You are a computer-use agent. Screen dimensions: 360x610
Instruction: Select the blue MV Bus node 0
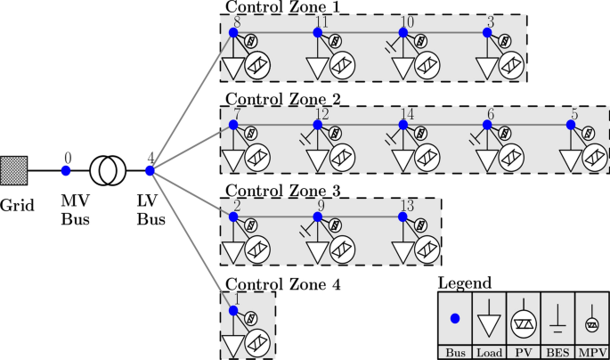pyautogui.click(x=66, y=169)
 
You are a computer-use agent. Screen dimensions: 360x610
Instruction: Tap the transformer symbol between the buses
pyautogui.click(x=107, y=169)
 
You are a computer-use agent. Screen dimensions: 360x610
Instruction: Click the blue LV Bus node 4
pyautogui.click(x=150, y=169)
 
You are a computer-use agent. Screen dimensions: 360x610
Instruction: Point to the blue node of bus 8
pyautogui.click(x=233, y=32)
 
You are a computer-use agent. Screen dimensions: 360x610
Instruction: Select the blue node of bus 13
pyautogui.click(x=403, y=217)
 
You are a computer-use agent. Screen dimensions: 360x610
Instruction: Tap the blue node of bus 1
pyautogui.click(x=233, y=310)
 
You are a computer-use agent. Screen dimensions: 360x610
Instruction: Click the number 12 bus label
pyautogui.click(x=321, y=113)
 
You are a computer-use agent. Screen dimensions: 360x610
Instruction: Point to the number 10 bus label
pyautogui.click(x=407, y=20)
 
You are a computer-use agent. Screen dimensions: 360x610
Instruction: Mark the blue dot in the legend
pyautogui.click(x=456, y=318)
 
